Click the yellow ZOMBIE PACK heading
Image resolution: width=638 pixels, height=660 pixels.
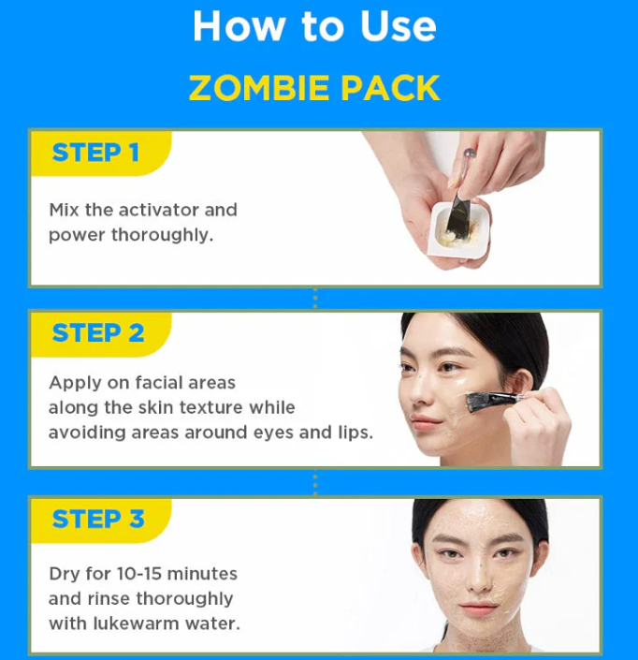(314, 88)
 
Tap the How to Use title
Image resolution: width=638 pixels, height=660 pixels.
(314, 26)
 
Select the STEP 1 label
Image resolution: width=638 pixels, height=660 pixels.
(95, 153)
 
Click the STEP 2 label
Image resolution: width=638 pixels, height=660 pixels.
(98, 333)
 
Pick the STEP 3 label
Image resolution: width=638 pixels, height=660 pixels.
(98, 519)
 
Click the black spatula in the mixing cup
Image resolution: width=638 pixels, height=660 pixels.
(457, 214)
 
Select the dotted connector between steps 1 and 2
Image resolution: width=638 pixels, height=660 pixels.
(315, 299)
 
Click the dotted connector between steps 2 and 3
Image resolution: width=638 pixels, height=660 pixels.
(315, 483)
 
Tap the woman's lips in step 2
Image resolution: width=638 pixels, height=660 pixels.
(425, 422)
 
